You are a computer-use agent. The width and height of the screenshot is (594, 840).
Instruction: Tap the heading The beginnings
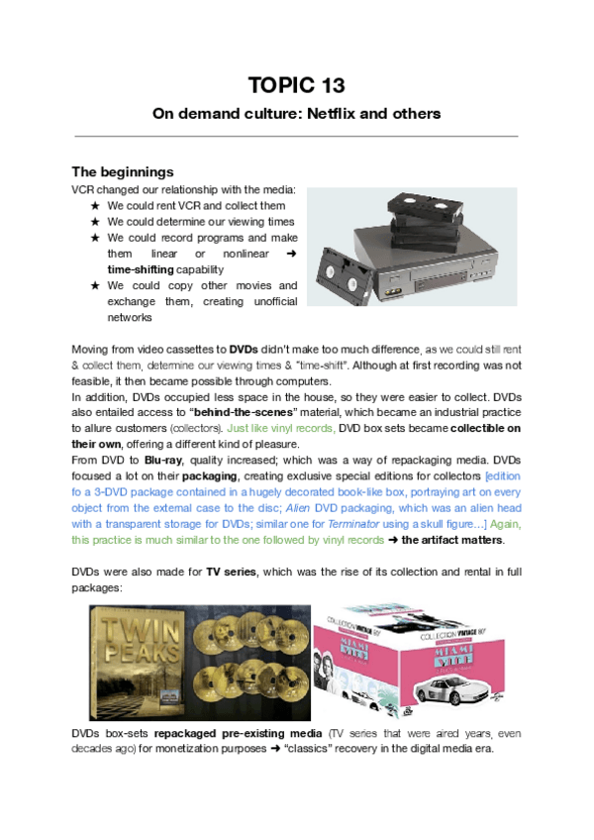coord(123,171)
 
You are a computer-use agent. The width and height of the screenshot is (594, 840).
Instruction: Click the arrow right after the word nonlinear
coord(290,254)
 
